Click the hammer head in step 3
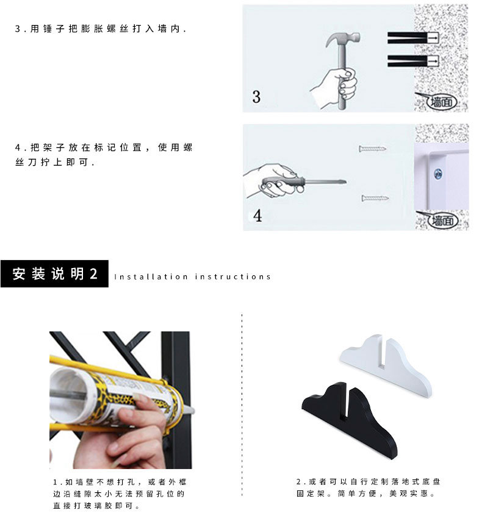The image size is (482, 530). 343,40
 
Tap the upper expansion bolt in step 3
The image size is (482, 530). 413,38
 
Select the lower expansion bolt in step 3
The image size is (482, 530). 413,61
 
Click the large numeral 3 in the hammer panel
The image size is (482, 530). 256,97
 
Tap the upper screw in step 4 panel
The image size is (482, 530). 372,149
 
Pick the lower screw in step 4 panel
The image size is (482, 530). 375,198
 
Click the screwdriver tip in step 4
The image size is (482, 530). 345,182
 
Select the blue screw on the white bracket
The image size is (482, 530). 438,174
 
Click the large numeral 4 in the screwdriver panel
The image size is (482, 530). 257,216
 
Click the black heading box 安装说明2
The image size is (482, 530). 54,274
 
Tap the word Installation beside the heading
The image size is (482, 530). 151,277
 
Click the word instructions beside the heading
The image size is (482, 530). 233,277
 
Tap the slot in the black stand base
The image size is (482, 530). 344,403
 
